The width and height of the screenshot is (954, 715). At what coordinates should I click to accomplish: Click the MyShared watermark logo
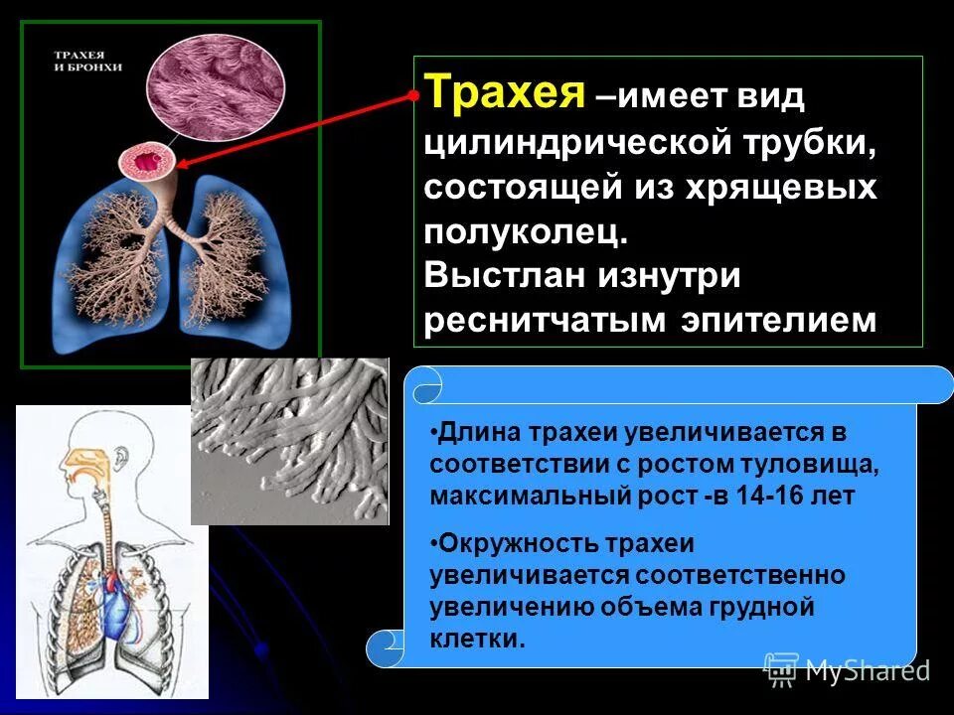tap(846, 669)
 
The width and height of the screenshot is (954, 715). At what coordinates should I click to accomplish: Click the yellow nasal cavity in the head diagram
tap(81, 459)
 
